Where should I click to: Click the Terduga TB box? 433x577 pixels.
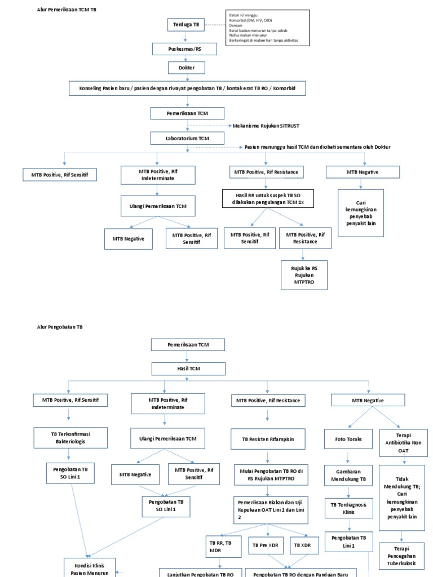tap(185, 25)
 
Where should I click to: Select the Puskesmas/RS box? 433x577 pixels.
tap(185, 49)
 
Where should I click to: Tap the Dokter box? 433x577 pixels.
tap(185, 68)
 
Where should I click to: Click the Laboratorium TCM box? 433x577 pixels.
tap(187, 138)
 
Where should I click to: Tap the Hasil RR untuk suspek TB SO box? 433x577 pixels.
tap(267, 198)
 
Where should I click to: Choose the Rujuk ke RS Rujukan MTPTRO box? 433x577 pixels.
tap(304, 274)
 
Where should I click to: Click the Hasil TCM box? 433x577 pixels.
tap(187, 369)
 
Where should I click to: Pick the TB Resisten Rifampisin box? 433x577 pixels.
tap(267, 438)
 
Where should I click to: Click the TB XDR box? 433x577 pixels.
tap(305, 545)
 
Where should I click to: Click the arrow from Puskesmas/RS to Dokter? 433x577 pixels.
tap(185, 59)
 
